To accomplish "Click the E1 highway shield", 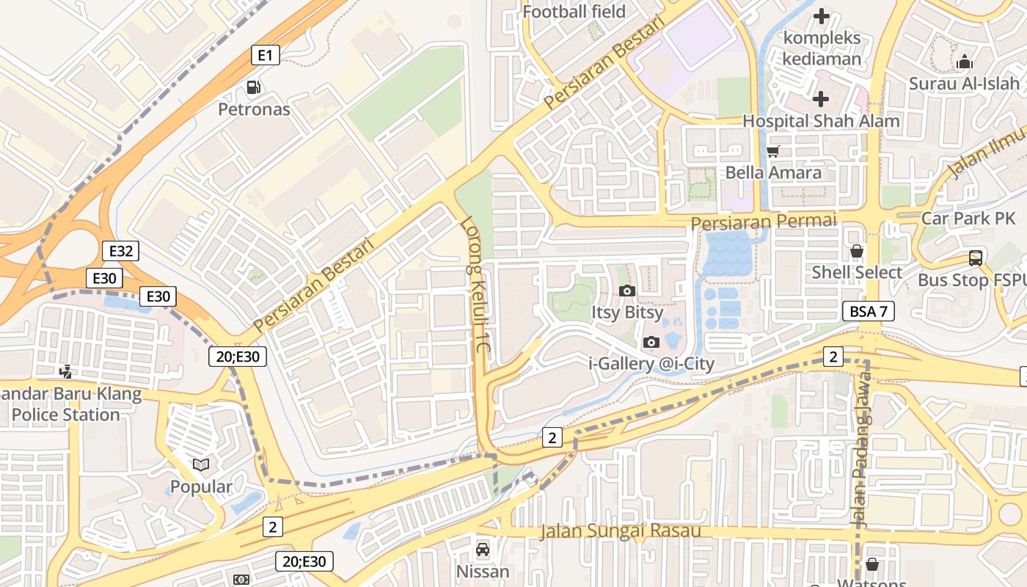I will pyautogui.click(x=266, y=55).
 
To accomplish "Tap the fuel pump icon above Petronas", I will pyautogui.click(x=253, y=87).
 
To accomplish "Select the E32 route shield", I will pyautogui.click(x=120, y=252).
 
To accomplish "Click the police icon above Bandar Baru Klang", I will pyautogui.click(x=66, y=372).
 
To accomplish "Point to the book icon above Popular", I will pyautogui.click(x=200, y=464).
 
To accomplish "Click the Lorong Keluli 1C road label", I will pyautogui.click(x=475, y=287).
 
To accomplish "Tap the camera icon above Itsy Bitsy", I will pyautogui.click(x=626, y=291).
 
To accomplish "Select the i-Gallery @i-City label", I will pyautogui.click(x=651, y=363).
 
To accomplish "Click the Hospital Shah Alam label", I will pyautogui.click(x=821, y=121).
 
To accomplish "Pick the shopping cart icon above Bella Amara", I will pyautogui.click(x=772, y=152).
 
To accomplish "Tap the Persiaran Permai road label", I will pyautogui.click(x=764, y=221).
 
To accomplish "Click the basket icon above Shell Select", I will pyautogui.click(x=856, y=252).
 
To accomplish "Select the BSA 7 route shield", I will pyautogui.click(x=868, y=311).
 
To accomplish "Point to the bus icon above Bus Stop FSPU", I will pyautogui.click(x=975, y=258).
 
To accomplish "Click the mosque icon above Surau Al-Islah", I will pyautogui.click(x=964, y=62).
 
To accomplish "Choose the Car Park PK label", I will pyautogui.click(x=968, y=218).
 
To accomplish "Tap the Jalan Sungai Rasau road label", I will pyautogui.click(x=620, y=531).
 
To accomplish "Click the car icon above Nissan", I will pyautogui.click(x=483, y=550).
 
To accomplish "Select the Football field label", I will pyautogui.click(x=574, y=12).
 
